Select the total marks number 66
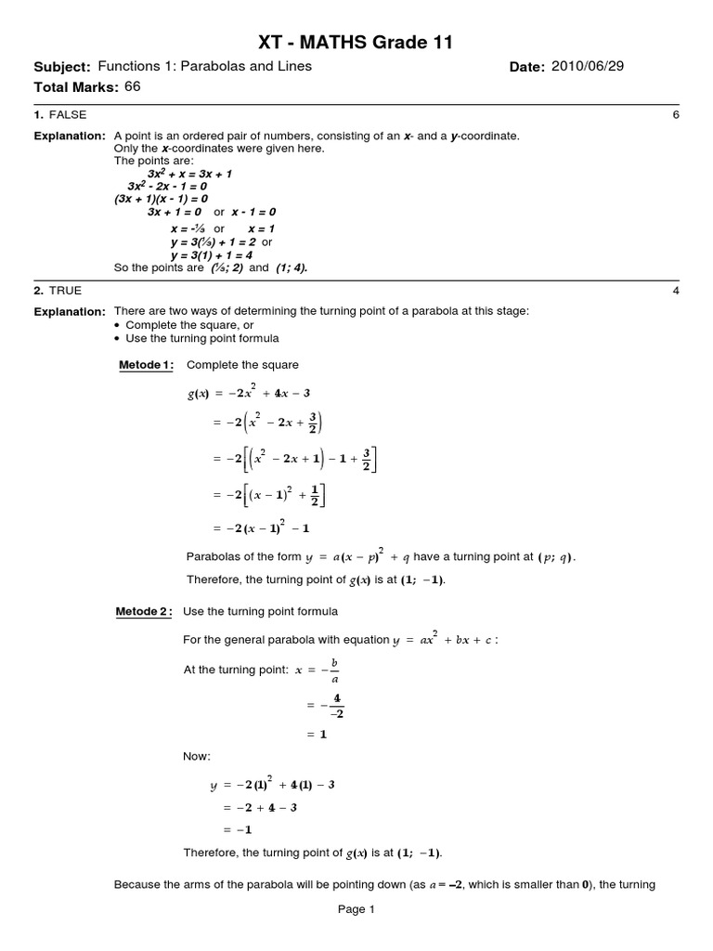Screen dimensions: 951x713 pos(132,87)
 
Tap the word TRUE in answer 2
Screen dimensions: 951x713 pos(63,291)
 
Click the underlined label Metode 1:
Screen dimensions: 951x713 pos(146,365)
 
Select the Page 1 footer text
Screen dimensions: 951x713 pos(356,910)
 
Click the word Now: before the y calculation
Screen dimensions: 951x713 pos(197,757)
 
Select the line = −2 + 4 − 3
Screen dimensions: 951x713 pos(259,808)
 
